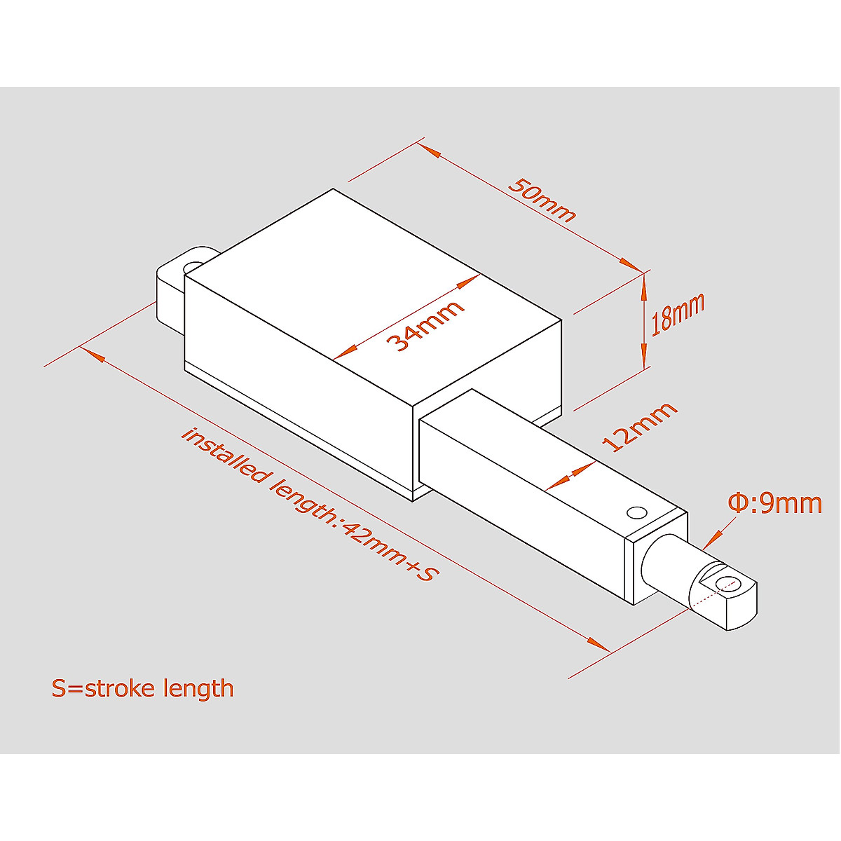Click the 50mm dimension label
[541, 200]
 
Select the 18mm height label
[677, 315]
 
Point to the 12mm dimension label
[639, 427]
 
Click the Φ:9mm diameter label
[774, 503]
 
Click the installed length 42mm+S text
[309, 504]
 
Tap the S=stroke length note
[142, 688]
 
